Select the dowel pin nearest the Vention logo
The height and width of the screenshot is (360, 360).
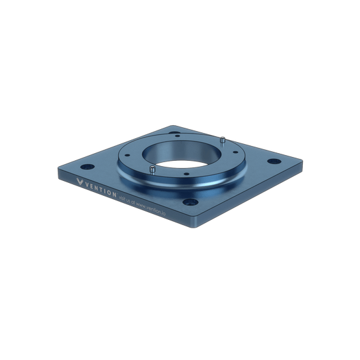coord(150,170)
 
